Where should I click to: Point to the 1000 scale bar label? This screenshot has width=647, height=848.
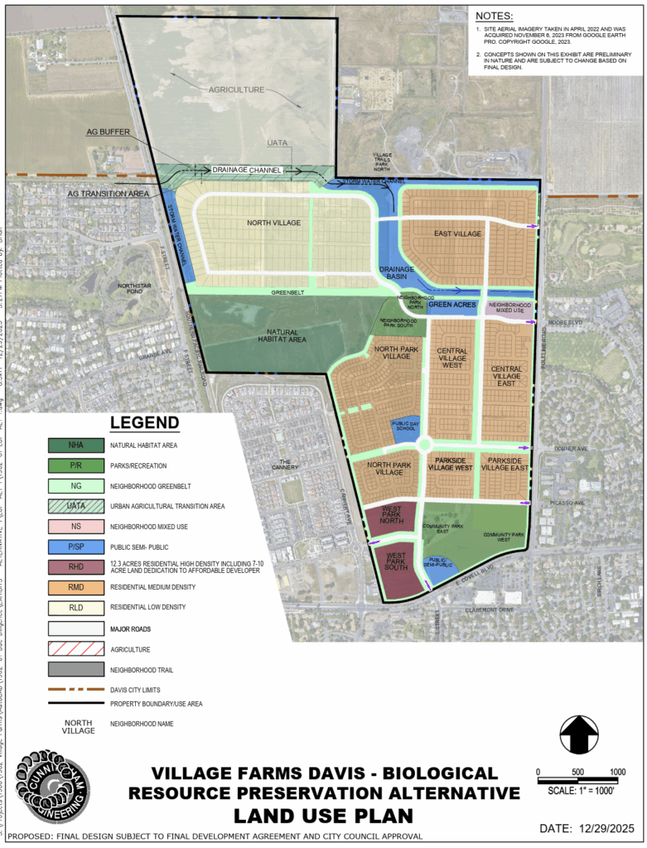(617, 772)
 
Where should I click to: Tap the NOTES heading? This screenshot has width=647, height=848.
(495, 15)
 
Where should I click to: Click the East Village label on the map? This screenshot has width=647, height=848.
(457, 234)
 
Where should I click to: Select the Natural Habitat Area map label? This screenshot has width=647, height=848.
(282, 335)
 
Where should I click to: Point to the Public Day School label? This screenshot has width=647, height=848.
(404, 426)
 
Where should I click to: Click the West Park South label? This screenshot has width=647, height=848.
(395, 562)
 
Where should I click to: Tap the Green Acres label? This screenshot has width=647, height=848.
(451, 305)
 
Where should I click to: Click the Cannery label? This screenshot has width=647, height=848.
(285, 465)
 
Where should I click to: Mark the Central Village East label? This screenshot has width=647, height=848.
(506, 376)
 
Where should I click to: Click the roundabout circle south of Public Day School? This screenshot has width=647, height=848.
(425, 446)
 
